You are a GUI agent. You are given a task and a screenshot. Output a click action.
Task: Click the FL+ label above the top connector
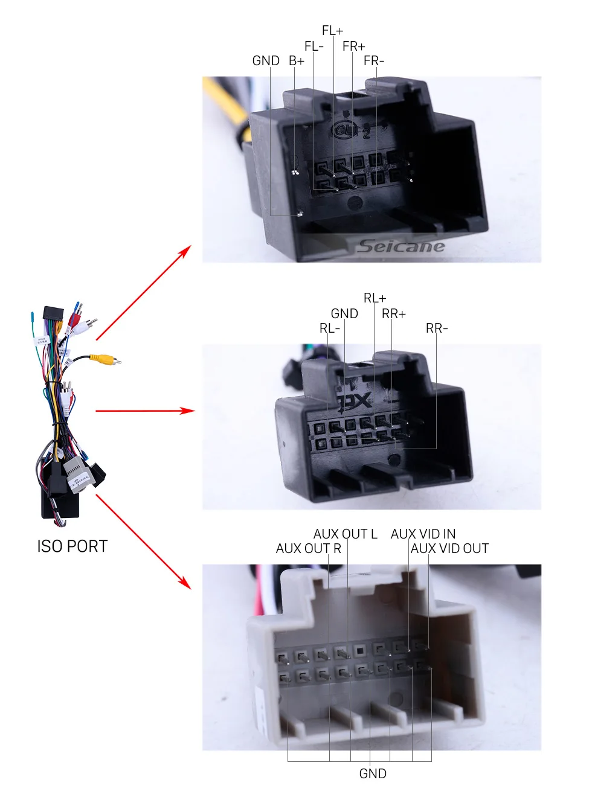click(332, 31)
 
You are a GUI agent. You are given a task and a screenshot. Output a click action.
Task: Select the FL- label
click(314, 46)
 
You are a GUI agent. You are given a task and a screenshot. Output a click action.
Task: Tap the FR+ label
click(353, 46)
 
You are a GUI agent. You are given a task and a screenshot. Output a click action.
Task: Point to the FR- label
click(373, 61)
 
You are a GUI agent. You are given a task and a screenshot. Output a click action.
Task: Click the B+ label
click(297, 61)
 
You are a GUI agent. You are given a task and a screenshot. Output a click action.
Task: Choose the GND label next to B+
click(266, 61)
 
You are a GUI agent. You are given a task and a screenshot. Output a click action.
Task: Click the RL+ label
click(375, 298)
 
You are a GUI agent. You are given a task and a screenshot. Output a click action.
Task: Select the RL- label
click(330, 328)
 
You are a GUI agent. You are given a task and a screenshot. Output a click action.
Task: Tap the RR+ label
click(394, 314)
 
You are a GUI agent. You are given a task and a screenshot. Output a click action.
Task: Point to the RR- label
click(437, 328)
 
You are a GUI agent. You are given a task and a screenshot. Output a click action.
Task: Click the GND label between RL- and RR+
click(344, 314)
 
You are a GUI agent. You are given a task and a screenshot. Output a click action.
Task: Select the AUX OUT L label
click(345, 534)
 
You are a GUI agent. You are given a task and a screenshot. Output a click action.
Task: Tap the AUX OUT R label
click(308, 549)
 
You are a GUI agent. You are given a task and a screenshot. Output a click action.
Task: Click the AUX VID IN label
click(423, 534)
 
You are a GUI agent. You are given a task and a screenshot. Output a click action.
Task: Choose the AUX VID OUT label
click(449, 549)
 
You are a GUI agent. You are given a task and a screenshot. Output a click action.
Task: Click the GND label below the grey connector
click(373, 774)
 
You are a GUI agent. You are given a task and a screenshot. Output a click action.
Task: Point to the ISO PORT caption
click(72, 546)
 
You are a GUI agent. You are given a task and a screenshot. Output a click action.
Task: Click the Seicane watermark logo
click(401, 246)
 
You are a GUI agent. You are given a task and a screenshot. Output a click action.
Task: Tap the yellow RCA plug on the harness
click(106, 359)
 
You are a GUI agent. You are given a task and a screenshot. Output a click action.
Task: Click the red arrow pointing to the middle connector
click(145, 411)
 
